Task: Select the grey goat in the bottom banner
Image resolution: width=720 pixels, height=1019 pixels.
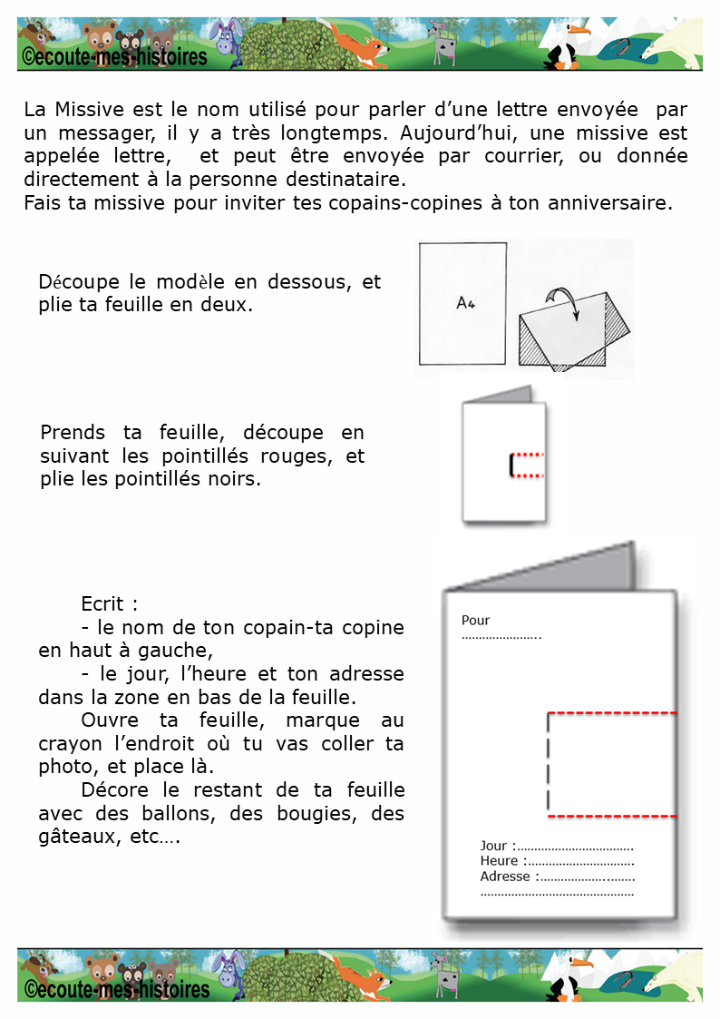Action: pos(443,971)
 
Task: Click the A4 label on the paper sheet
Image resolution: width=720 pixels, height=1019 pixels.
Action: pos(465,304)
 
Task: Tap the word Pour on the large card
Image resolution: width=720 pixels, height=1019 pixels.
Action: pos(475,621)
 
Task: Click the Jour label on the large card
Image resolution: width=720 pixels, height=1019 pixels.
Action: pos(493,846)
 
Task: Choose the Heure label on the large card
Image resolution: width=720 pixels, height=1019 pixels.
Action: pos(499,861)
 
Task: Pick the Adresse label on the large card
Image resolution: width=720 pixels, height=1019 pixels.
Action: pos(505,877)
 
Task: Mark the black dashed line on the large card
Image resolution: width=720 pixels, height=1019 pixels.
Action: pos(549,764)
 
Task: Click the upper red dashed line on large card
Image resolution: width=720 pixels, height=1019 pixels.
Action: pos(613,713)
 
